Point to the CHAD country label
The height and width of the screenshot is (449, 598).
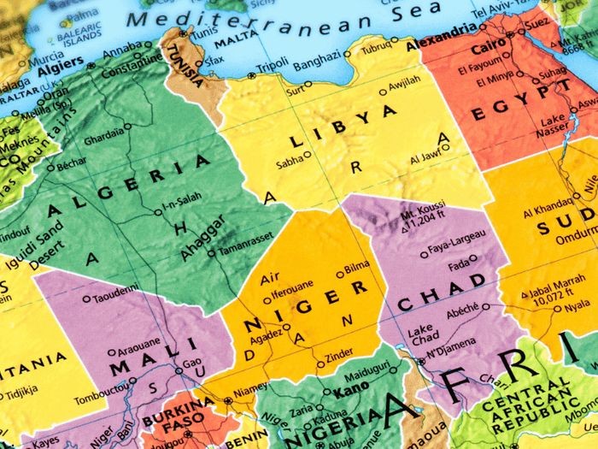coord(441,291)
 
